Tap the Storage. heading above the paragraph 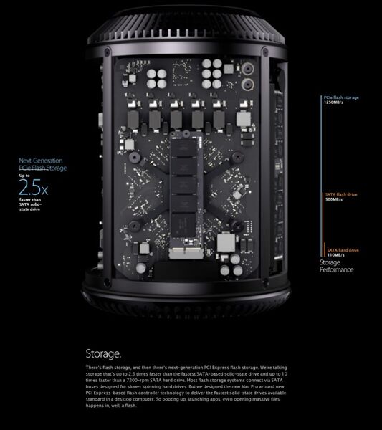click(103, 354)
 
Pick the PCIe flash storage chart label click(341, 97)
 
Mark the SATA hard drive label click(343, 250)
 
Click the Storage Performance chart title click(336, 267)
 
